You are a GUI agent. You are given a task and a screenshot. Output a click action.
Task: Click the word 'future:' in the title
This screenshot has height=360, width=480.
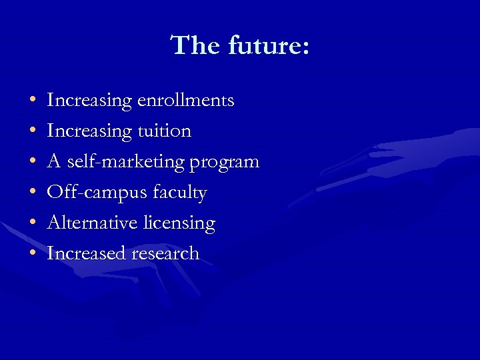pyautogui.click(x=269, y=46)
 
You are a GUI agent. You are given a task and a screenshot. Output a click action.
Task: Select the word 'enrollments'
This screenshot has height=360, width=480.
pyautogui.click(x=185, y=101)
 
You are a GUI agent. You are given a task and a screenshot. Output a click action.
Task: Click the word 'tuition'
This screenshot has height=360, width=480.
pyautogui.click(x=164, y=131)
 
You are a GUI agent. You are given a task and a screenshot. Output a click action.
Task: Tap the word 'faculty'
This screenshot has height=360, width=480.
pyautogui.click(x=180, y=193)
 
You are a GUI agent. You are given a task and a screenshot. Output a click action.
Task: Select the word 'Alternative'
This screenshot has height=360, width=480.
pyautogui.click(x=93, y=223)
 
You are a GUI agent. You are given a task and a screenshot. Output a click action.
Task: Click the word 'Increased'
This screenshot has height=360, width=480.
pyautogui.click(x=87, y=254)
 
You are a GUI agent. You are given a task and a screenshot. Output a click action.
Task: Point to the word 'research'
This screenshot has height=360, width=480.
pyautogui.click(x=165, y=254)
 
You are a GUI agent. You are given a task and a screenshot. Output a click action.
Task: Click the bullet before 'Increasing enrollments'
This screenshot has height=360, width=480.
pyautogui.click(x=33, y=101)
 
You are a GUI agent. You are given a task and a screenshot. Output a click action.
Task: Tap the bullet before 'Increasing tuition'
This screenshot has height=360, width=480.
pyautogui.click(x=33, y=132)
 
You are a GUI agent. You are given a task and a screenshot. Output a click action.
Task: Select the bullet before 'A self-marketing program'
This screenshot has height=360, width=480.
pyautogui.click(x=33, y=163)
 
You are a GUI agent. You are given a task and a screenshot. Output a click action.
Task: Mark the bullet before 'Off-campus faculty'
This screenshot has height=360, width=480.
pyautogui.click(x=33, y=193)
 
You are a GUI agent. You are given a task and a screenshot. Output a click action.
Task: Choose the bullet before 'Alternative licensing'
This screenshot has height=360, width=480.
pyautogui.click(x=33, y=224)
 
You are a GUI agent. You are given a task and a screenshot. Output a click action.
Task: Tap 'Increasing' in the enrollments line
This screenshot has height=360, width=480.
pyautogui.click(x=90, y=101)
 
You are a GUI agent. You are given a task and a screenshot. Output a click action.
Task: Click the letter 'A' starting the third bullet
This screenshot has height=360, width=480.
pyautogui.click(x=54, y=162)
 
